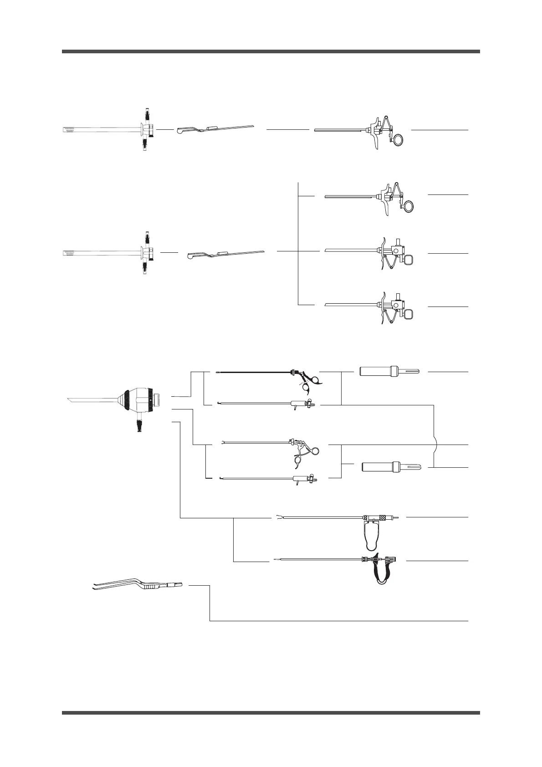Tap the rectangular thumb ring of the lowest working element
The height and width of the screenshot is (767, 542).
point(409,314)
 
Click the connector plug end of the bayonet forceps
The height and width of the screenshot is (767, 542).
point(176,585)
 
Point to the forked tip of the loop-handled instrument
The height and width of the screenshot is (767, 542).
point(277,517)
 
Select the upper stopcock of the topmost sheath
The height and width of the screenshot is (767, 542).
point(147,113)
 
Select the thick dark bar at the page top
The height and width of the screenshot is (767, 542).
point(271,51)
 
